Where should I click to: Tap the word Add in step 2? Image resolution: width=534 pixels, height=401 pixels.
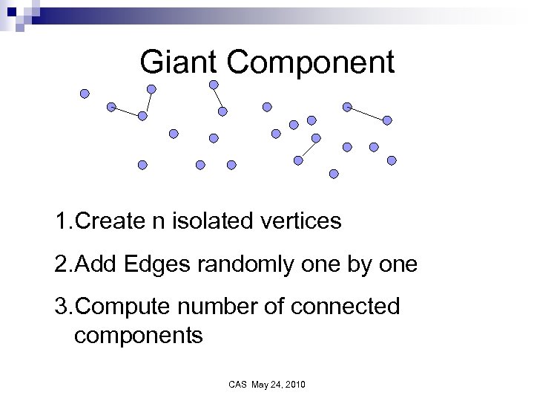click(99, 264)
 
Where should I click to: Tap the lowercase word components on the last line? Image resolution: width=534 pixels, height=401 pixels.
click(139, 335)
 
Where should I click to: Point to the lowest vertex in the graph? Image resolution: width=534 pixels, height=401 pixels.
click(334, 174)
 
